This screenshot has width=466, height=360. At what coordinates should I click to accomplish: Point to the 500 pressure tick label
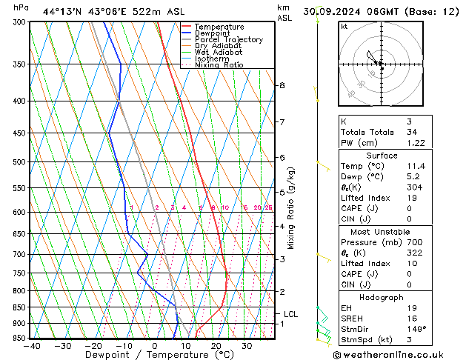tap(19, 162)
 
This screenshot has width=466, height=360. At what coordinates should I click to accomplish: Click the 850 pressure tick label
tap(19, 307)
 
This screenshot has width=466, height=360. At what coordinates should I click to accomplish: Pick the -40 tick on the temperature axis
tap(32, 346)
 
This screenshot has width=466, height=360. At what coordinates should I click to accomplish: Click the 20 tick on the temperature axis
tap(216, 346)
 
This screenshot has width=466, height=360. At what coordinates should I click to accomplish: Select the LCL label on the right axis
tap(290, 314)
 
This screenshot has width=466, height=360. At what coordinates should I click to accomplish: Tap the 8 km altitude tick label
tap(282, 86)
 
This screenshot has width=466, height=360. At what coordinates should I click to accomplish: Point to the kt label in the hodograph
tap(344, 26)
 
